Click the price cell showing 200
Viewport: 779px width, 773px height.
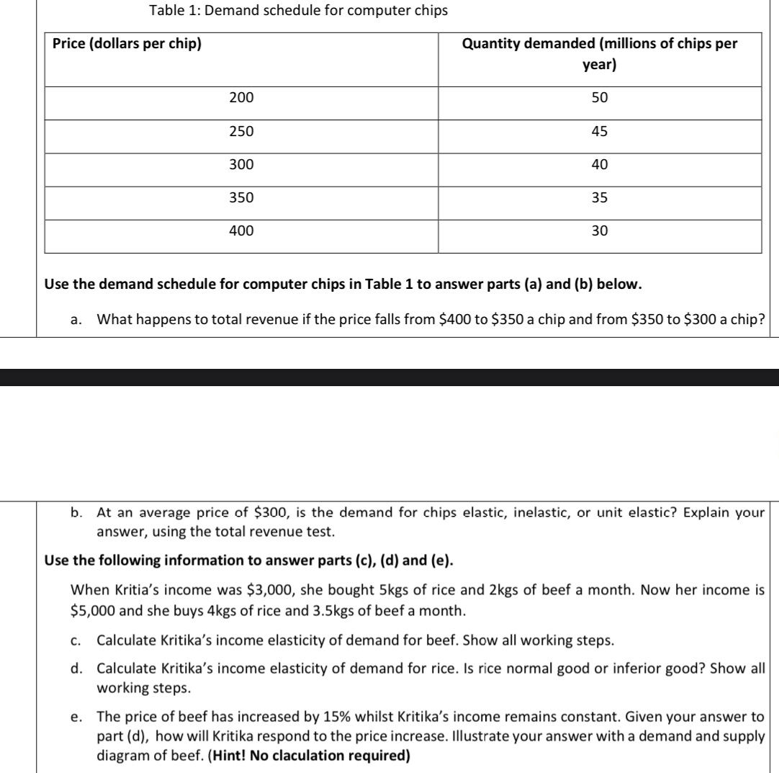click(241, 97)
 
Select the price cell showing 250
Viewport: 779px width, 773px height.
click(241, 131)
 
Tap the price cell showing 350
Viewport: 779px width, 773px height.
click(241, 197)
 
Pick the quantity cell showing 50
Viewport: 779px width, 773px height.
click(600, 97)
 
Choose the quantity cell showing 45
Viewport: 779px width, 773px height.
click(600, 131)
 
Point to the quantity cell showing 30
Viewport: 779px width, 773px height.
click(600, 231)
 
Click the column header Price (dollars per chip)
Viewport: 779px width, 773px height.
click(127, 44)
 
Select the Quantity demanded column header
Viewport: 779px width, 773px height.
click(600, 54)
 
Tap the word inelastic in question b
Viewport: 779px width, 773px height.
click(503, 513)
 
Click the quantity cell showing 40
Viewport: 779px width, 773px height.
click(600, 164)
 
